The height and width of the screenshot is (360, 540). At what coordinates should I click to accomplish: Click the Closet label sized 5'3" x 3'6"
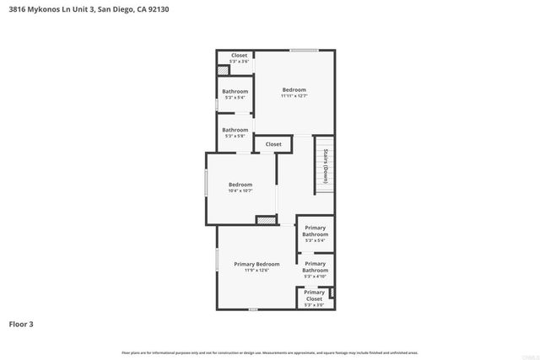[x=239, y=56]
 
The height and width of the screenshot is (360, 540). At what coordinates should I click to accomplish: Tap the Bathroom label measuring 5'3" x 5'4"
[x=235, y=91]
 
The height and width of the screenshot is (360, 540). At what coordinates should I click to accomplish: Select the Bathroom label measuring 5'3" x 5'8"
[x=235, y=130]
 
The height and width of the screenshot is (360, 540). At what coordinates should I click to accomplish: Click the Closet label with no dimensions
[x=273, y=144]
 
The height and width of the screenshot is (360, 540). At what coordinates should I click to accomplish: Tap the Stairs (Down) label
[x=325, y=166]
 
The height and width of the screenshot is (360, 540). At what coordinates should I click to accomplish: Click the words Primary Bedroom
[x=256, y=264]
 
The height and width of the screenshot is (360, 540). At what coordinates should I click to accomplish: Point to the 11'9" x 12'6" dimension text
[x=256, y=270]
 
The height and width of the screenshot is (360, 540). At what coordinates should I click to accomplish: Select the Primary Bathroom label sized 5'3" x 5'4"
[x=316, y=231]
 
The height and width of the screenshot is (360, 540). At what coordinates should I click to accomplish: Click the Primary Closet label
[x=314, y=295]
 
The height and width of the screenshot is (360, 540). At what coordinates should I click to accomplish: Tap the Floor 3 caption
[x=21, y=323]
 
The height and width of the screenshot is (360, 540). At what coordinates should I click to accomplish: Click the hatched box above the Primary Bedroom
[x=267, y=220]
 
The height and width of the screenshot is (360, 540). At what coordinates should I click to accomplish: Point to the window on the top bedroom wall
[x=304, y=51]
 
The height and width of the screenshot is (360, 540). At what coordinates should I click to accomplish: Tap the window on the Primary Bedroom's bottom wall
[x=252, y=309]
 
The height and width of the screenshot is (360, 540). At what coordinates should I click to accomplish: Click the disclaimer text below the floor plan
[x=270, y=352]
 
